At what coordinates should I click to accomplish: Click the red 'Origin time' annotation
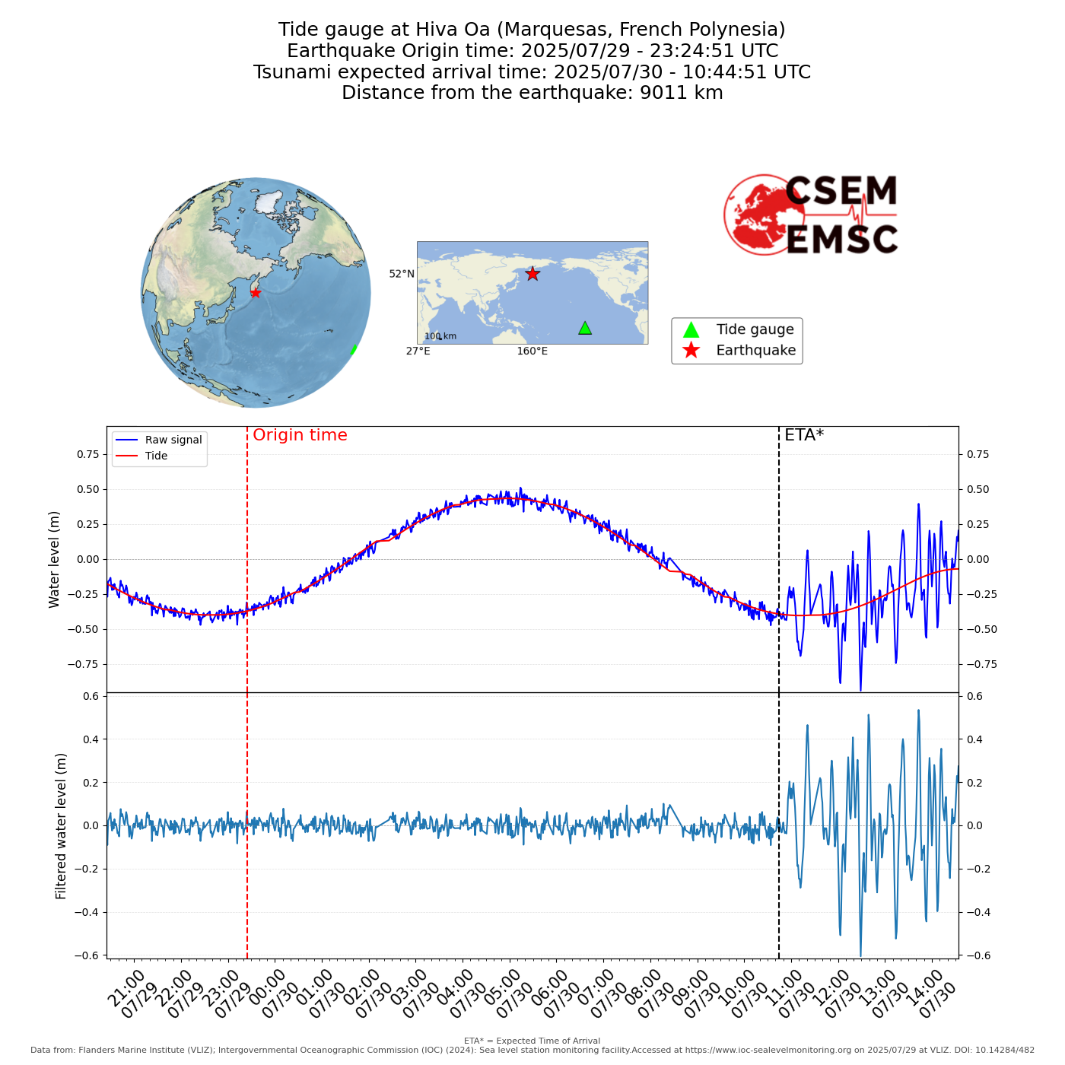tap(300, 435)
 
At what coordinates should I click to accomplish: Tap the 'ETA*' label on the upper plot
tap(804, 435)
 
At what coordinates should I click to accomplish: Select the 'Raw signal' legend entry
tap(173, 440)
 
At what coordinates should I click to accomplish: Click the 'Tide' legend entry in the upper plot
tap(156, 456)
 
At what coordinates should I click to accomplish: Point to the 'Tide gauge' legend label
tap(755, 329)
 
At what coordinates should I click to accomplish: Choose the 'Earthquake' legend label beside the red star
tap(755, 351)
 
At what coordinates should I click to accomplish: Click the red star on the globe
tap(256, 293)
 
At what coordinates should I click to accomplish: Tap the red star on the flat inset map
tap(532, 274)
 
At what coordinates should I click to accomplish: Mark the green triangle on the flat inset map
tap(585, 328)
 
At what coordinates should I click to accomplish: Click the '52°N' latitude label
tap(402, 274)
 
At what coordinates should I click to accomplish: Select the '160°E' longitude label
tap(532, 351)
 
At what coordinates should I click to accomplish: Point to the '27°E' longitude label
tap(418, 351)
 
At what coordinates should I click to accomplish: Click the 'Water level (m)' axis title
tap(54, 559)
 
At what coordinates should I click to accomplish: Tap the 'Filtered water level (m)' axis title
tap(61, 826)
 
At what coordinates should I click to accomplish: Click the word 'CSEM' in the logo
tap(841, 192)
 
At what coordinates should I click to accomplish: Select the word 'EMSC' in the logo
tap(841, 240)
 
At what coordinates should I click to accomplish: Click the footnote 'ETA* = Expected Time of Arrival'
tap(532, 1041)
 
